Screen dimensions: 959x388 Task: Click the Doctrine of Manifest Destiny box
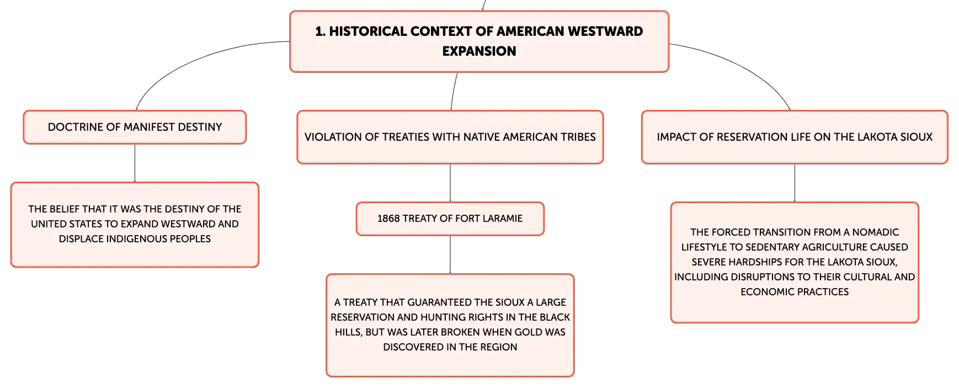135,127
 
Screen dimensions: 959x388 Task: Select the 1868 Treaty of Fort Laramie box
450,219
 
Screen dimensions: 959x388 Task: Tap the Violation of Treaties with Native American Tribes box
450,137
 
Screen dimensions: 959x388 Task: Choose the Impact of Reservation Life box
795,137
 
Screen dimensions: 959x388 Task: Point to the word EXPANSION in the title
479,51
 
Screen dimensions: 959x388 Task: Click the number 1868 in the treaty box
388,219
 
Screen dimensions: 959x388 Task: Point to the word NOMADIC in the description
876,232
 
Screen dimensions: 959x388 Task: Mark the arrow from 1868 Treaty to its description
450,255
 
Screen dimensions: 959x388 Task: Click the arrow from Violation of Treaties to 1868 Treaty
450,183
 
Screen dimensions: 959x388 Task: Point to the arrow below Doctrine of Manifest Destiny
135,163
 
